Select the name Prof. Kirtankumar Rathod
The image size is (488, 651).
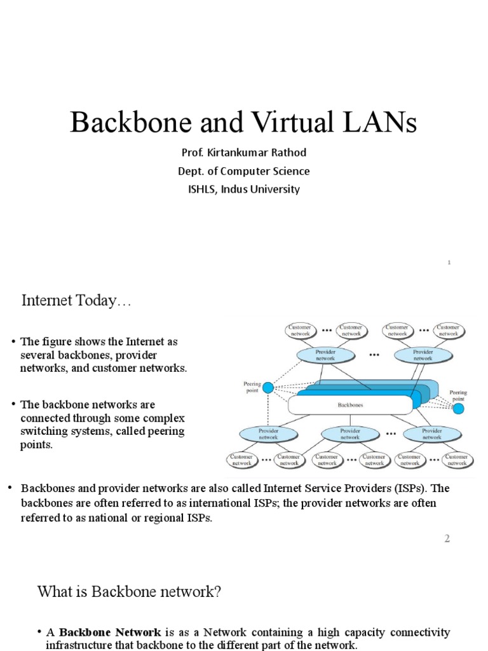(244, 153)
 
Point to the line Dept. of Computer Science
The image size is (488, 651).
(244, 171)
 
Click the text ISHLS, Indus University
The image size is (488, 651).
(244, 189)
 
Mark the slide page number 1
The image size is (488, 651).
(449, 263)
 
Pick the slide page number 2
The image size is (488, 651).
(447, 538)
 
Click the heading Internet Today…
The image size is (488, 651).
(76, 301)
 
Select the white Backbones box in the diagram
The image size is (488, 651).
(350, 404)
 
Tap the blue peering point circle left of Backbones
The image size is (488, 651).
(268, 387)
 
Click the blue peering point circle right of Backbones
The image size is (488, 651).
(457, 408)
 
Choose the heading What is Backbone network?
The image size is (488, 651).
(129, 593)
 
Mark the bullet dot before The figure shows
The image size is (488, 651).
(13, 342)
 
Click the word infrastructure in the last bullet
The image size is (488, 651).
(79, 645)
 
